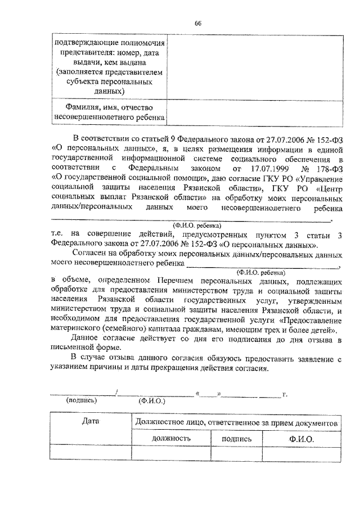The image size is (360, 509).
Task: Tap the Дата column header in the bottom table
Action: (90, 421)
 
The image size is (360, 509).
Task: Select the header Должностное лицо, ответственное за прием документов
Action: (236, 422)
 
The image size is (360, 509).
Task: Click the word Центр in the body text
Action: (327, 188)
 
